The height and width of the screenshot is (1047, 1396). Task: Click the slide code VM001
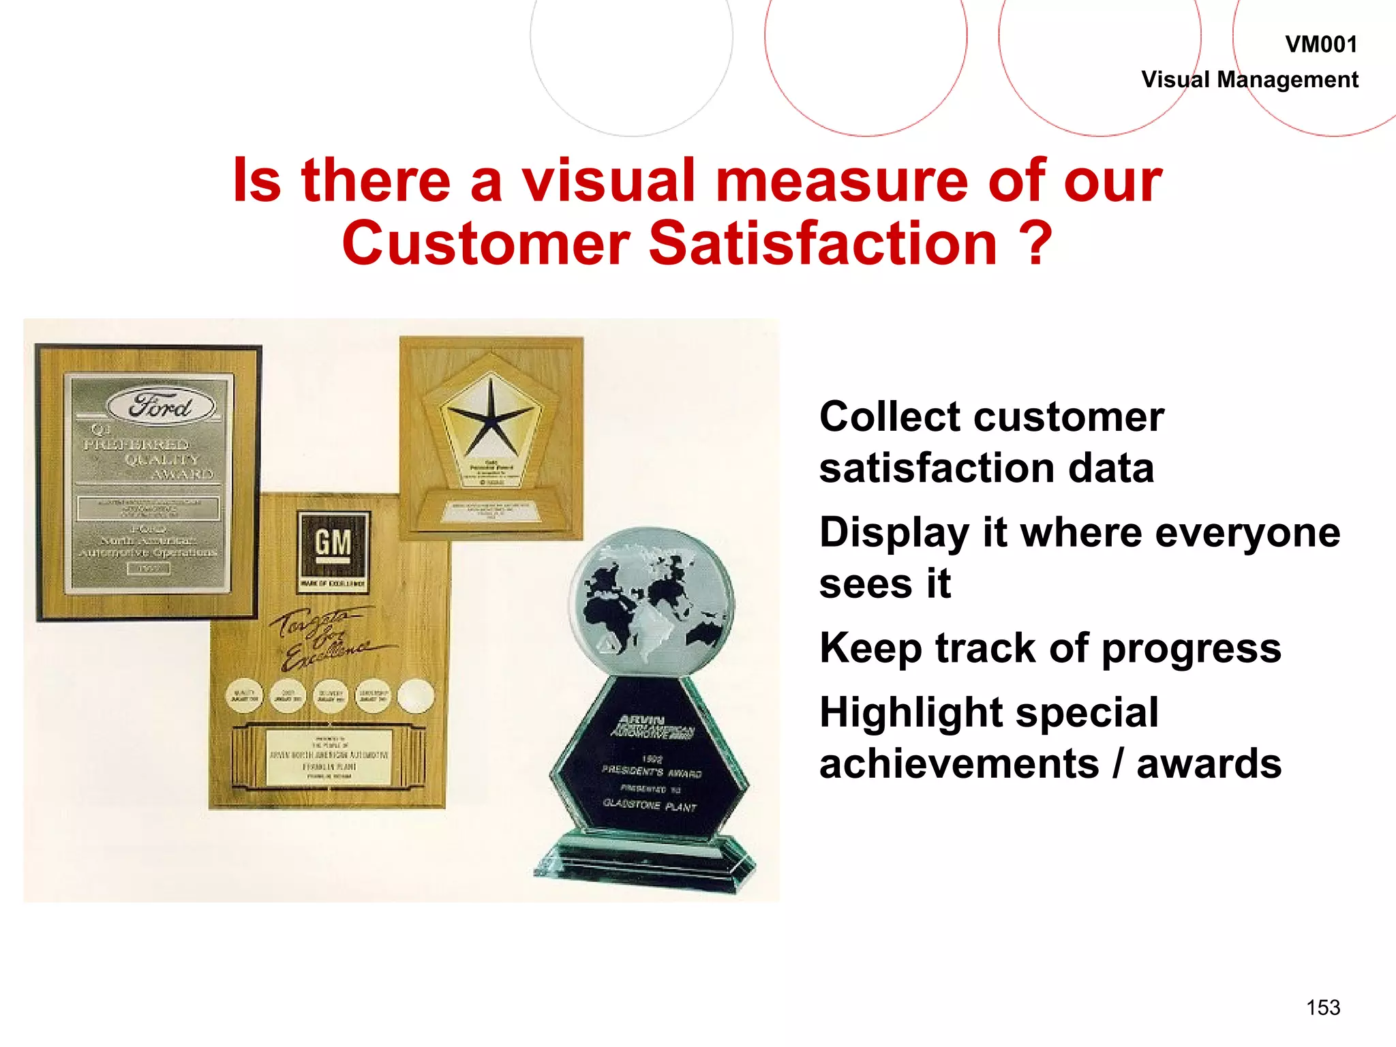click(1320, 45)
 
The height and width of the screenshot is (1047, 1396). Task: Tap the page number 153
click(1323, 1007)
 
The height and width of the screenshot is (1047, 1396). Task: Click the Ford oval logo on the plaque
click(161, 406)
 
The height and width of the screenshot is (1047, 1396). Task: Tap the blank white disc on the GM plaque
click(415, 696)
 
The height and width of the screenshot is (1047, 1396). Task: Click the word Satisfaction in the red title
click(823, 244)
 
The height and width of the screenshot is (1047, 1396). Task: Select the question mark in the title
click(1036, 244)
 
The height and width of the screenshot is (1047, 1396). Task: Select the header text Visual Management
click(1249, 80)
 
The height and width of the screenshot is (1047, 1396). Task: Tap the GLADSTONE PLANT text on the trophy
click(650, 806)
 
